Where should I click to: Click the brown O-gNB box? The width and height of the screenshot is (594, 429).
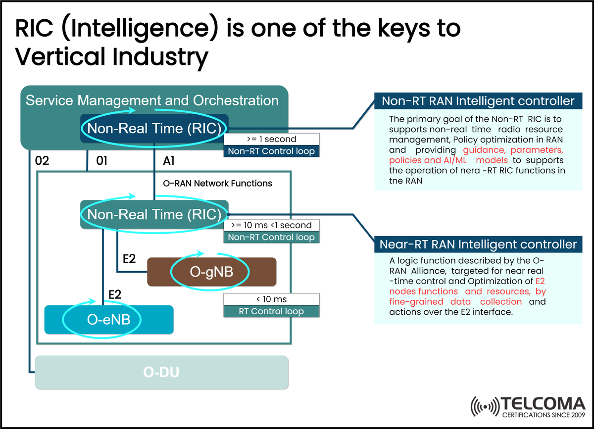[211, 272]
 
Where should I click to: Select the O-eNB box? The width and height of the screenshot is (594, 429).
[109, 319]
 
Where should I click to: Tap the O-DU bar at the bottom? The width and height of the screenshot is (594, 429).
[161, 372]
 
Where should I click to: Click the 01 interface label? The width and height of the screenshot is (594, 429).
[102, 161]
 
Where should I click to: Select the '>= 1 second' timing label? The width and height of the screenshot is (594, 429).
[271, 140]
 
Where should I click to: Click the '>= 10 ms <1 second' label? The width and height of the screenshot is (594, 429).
[271, 226]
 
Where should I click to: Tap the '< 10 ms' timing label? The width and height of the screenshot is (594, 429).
[271, 299]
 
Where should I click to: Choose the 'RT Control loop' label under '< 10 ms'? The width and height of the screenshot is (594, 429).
[271, 311]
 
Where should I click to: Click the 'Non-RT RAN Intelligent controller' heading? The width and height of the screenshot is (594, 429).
[478, 101]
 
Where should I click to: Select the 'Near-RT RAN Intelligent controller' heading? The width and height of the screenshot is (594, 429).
[478, 244]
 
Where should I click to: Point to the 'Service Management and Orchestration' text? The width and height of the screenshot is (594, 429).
[152, 100]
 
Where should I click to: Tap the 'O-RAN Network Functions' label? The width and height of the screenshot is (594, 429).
[217, 183]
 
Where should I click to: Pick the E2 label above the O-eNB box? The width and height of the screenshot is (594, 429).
[115, 294]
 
